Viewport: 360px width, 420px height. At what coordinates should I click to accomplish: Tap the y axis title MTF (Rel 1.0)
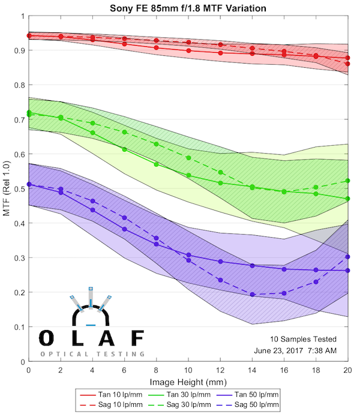pos(7,188)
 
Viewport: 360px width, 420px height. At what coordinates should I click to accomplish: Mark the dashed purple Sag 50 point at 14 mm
pos(253,295)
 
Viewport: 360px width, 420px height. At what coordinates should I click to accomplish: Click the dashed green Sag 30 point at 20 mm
pos(348,181)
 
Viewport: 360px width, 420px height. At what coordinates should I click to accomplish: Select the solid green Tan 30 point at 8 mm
pos(157,164)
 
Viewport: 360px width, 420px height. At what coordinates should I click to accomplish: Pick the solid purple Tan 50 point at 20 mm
pos(348,271)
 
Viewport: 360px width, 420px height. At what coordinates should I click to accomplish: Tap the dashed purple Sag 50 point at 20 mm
pos(348,257)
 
